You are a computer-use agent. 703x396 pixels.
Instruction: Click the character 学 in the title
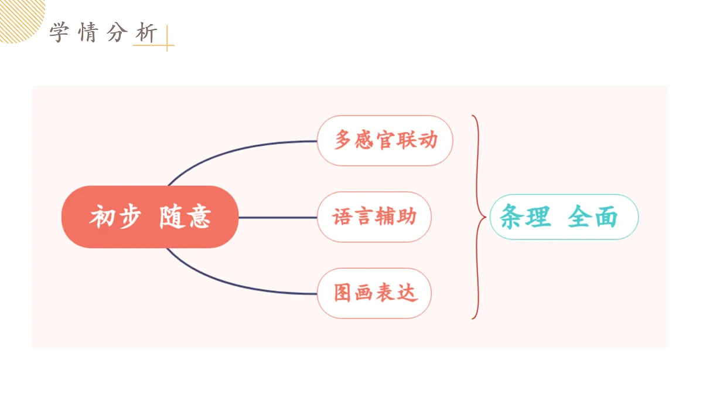59,32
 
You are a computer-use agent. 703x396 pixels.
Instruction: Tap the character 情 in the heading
87,32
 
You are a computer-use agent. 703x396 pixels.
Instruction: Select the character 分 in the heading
117,32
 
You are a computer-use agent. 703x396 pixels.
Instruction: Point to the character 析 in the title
146,32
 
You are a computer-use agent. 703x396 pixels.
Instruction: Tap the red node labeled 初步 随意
150,217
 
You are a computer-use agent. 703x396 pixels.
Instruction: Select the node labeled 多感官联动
385,140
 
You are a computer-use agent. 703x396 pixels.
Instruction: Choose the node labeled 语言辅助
374,217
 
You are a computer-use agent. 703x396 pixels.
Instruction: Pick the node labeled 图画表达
374,293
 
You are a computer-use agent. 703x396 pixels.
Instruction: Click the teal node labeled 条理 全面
564,217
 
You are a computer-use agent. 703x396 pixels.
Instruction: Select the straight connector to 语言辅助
278,217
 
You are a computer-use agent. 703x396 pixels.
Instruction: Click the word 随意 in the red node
185,216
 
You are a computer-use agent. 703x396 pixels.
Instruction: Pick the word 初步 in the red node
115,216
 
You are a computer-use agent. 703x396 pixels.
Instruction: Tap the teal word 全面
593,216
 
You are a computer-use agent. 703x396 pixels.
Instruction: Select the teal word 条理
525,216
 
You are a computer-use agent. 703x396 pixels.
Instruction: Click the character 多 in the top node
343,140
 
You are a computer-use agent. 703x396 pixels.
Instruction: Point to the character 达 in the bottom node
408,293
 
